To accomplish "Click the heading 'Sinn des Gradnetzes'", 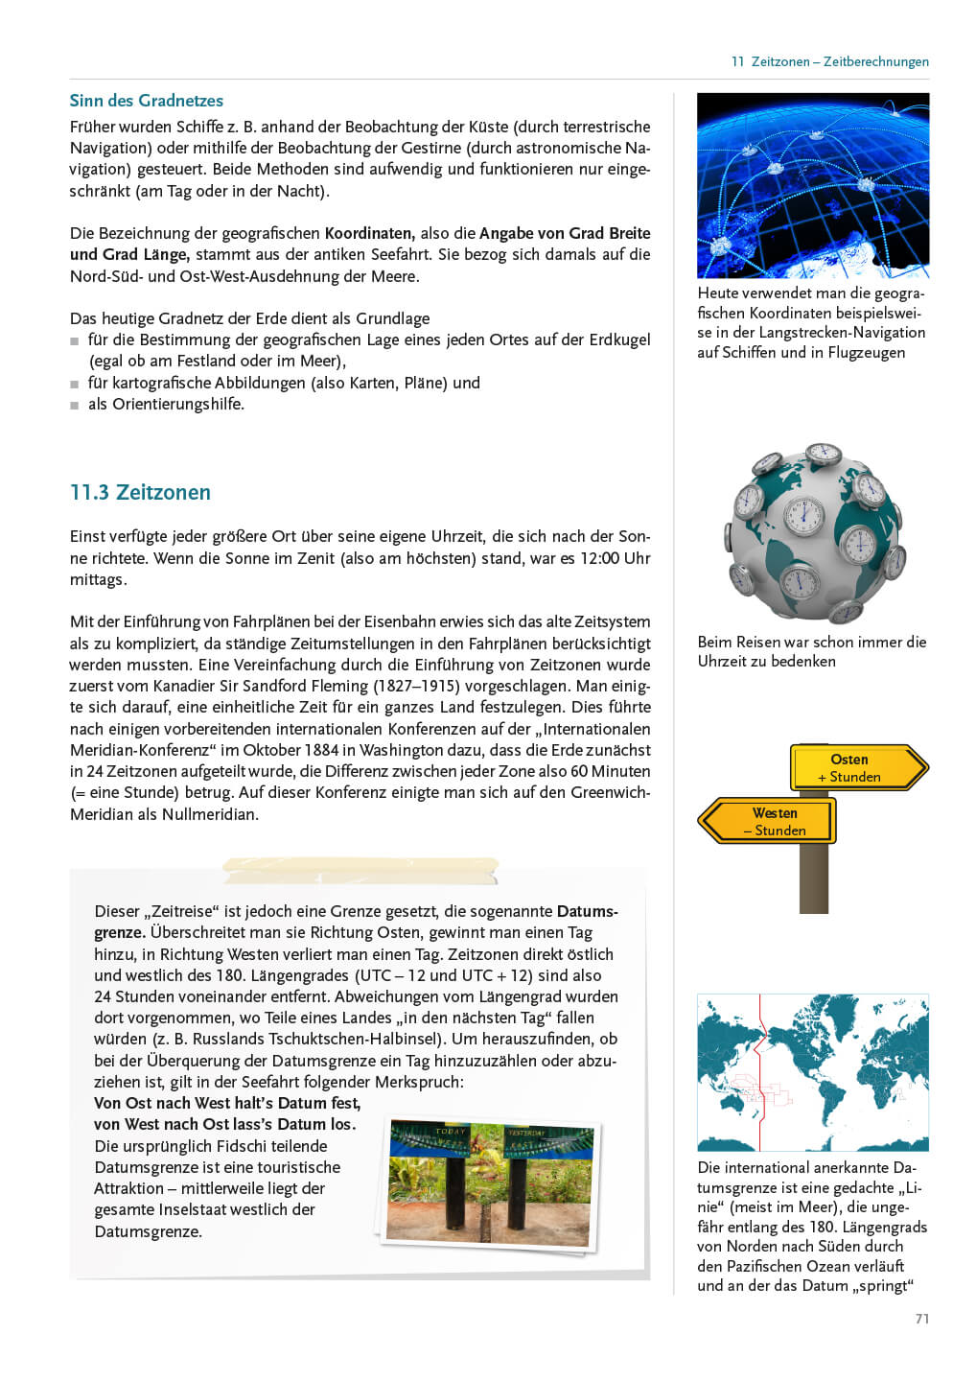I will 146,101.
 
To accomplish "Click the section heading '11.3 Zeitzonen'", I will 140,492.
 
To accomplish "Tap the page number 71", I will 921,1319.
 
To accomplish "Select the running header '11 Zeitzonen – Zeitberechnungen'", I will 829,61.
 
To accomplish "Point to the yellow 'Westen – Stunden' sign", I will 770,822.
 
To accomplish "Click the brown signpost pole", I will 813,878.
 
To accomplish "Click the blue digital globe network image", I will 812,185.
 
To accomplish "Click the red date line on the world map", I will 759,1072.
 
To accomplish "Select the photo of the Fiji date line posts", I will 490,1183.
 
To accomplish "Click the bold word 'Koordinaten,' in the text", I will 369,233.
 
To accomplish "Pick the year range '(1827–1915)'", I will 415,686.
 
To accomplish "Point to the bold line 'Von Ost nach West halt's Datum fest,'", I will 227,1103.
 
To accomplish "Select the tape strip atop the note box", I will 360,870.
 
